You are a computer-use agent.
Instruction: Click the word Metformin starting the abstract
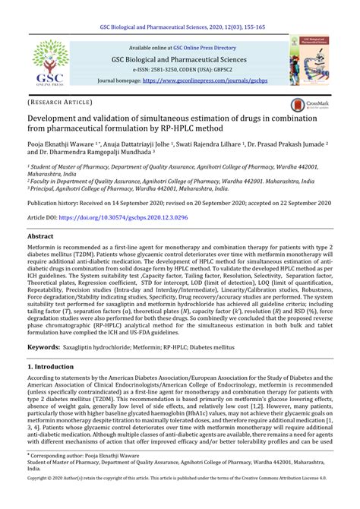point(43,248)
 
